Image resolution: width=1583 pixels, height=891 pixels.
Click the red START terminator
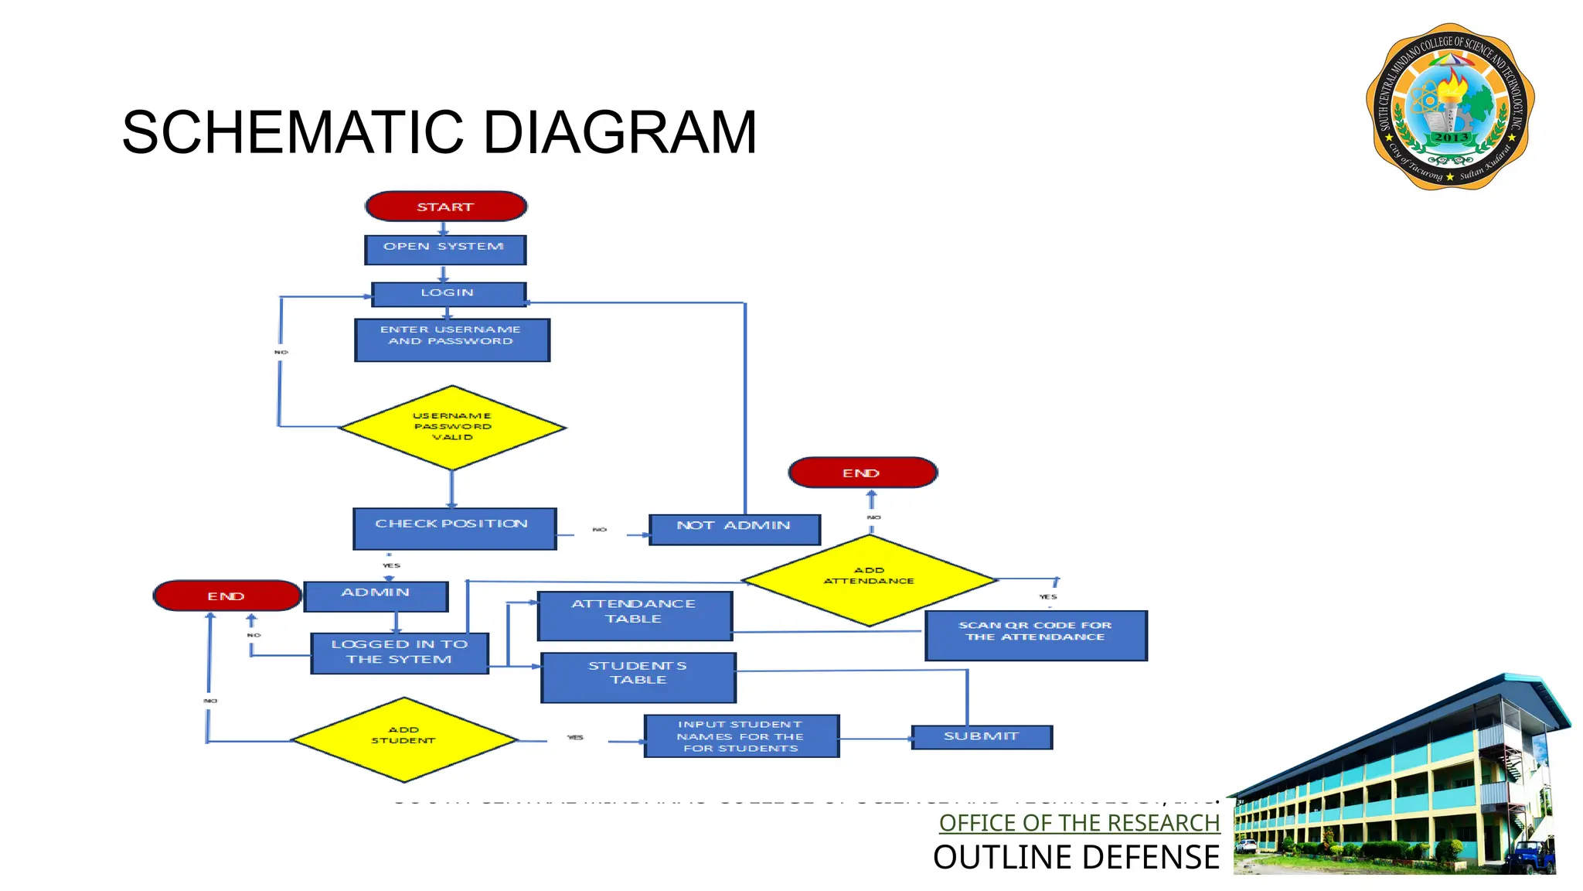[x=446, y=207]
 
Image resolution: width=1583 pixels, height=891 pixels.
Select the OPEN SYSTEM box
[x=445, y=250]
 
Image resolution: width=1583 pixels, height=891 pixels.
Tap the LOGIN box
[x=448, y=294]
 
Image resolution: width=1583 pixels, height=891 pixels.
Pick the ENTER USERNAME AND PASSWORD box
[x=452, y=340]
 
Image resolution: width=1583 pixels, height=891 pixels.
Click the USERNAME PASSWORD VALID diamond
[x=452, y=427]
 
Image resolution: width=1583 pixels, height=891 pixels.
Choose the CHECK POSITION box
[x=454, y=528]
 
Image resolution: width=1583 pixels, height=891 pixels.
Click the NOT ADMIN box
[x=734, y=529]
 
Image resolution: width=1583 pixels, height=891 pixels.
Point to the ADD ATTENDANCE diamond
[x=870, y=580]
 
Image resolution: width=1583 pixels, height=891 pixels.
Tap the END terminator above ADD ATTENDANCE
[x=863, y=473]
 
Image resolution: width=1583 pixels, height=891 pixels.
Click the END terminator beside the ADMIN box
[x=226, y=596]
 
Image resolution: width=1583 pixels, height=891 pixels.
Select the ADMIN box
[x=376, y=596]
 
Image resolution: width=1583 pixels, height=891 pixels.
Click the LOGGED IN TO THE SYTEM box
[x=400, y=653]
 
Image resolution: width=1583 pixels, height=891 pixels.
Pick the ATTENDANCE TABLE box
[x=635, y=616]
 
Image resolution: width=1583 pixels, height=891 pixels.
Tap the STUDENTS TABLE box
[x=638, y=678]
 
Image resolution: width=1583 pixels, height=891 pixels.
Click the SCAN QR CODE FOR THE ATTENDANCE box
[x=1036, y=635]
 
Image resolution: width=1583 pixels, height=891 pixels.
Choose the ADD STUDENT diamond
[x=403, y=739]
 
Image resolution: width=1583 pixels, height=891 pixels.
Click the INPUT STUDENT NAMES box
[x=741, y=736]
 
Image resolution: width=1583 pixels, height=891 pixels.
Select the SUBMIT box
[x=982, y=737]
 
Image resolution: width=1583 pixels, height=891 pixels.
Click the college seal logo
[x=1450, y=107]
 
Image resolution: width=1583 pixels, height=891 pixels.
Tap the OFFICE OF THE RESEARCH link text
[x=1079, y=823]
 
